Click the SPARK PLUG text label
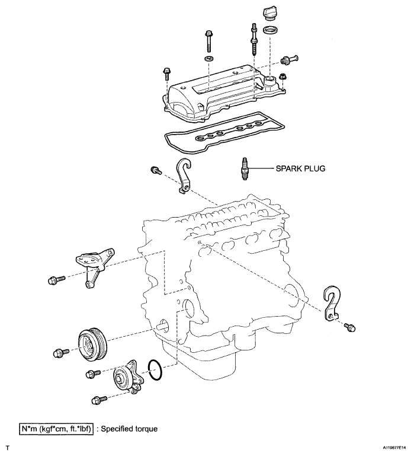click(300, 168)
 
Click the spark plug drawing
click(245, 168)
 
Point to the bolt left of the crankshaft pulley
click(61, 353)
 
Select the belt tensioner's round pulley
click(122, 379)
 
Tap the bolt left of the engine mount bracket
click(56, 280)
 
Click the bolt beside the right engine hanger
click(350, 327)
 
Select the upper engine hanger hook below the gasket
click(183, 176)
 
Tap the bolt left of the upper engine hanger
click(156, 170)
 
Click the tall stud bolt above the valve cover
click(254, 39)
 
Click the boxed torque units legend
click(56, 429)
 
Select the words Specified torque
click(129, 429)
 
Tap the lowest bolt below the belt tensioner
click(99, 400)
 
